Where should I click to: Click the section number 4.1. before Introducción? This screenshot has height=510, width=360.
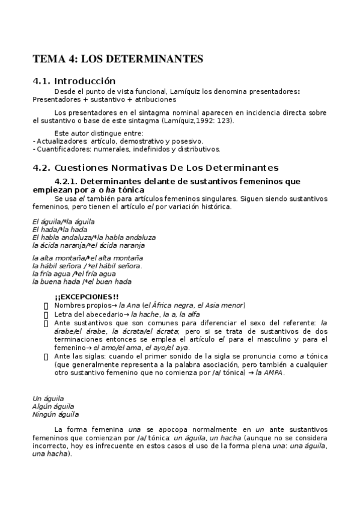(41, 81)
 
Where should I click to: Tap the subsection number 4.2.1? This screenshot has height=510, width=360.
(66, 181)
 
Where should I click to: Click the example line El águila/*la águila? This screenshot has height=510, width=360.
(63, 222)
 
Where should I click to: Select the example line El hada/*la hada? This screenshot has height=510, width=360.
(59, 230)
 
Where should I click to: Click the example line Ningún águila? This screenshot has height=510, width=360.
(55, 414)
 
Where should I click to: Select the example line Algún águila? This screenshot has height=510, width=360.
(52, 407)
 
